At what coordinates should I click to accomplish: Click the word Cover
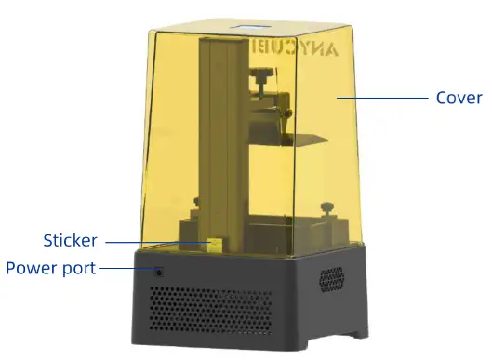click(459, 98)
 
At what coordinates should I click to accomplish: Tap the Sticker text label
click(70, 241)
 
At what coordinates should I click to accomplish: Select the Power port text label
click(50, 269)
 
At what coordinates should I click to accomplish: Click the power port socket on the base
click(159, 273)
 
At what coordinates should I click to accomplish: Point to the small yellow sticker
click(213, 244)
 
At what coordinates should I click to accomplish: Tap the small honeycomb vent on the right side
click(331, 277)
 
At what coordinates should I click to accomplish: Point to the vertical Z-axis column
click(222, 130)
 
